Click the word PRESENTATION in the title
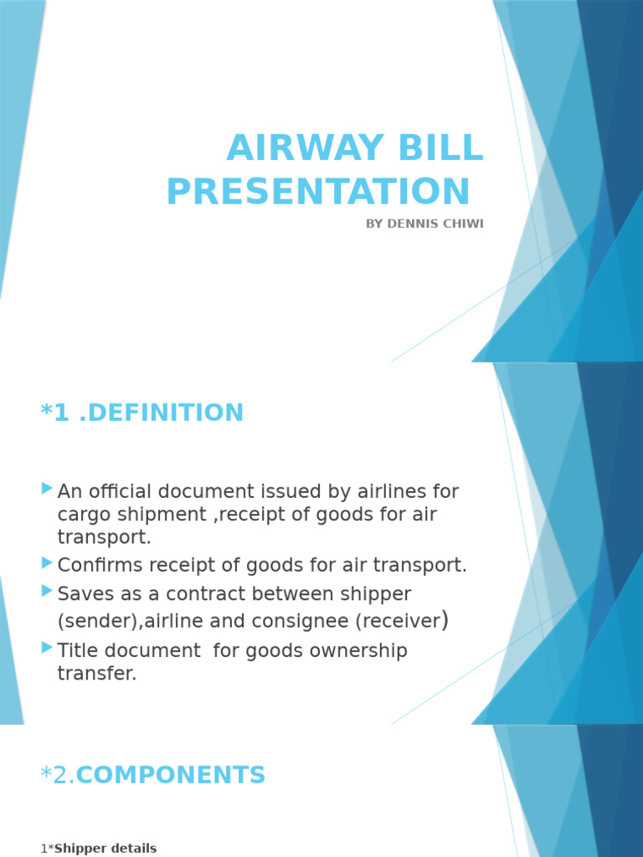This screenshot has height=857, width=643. [x=318, y=192]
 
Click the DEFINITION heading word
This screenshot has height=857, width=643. [x=166, y=413]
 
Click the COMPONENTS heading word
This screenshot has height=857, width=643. [x=171, y=776]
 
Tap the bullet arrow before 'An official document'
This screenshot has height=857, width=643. [x=47, y=488]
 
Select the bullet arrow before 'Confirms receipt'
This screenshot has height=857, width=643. [x=47, y=562]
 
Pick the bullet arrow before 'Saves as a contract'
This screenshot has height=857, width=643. [x=47, y=592]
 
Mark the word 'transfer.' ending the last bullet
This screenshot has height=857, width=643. [x=96, y=674]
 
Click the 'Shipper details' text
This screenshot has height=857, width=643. [x=105, y=849]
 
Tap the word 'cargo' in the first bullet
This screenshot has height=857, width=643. [x=82, y=514]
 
